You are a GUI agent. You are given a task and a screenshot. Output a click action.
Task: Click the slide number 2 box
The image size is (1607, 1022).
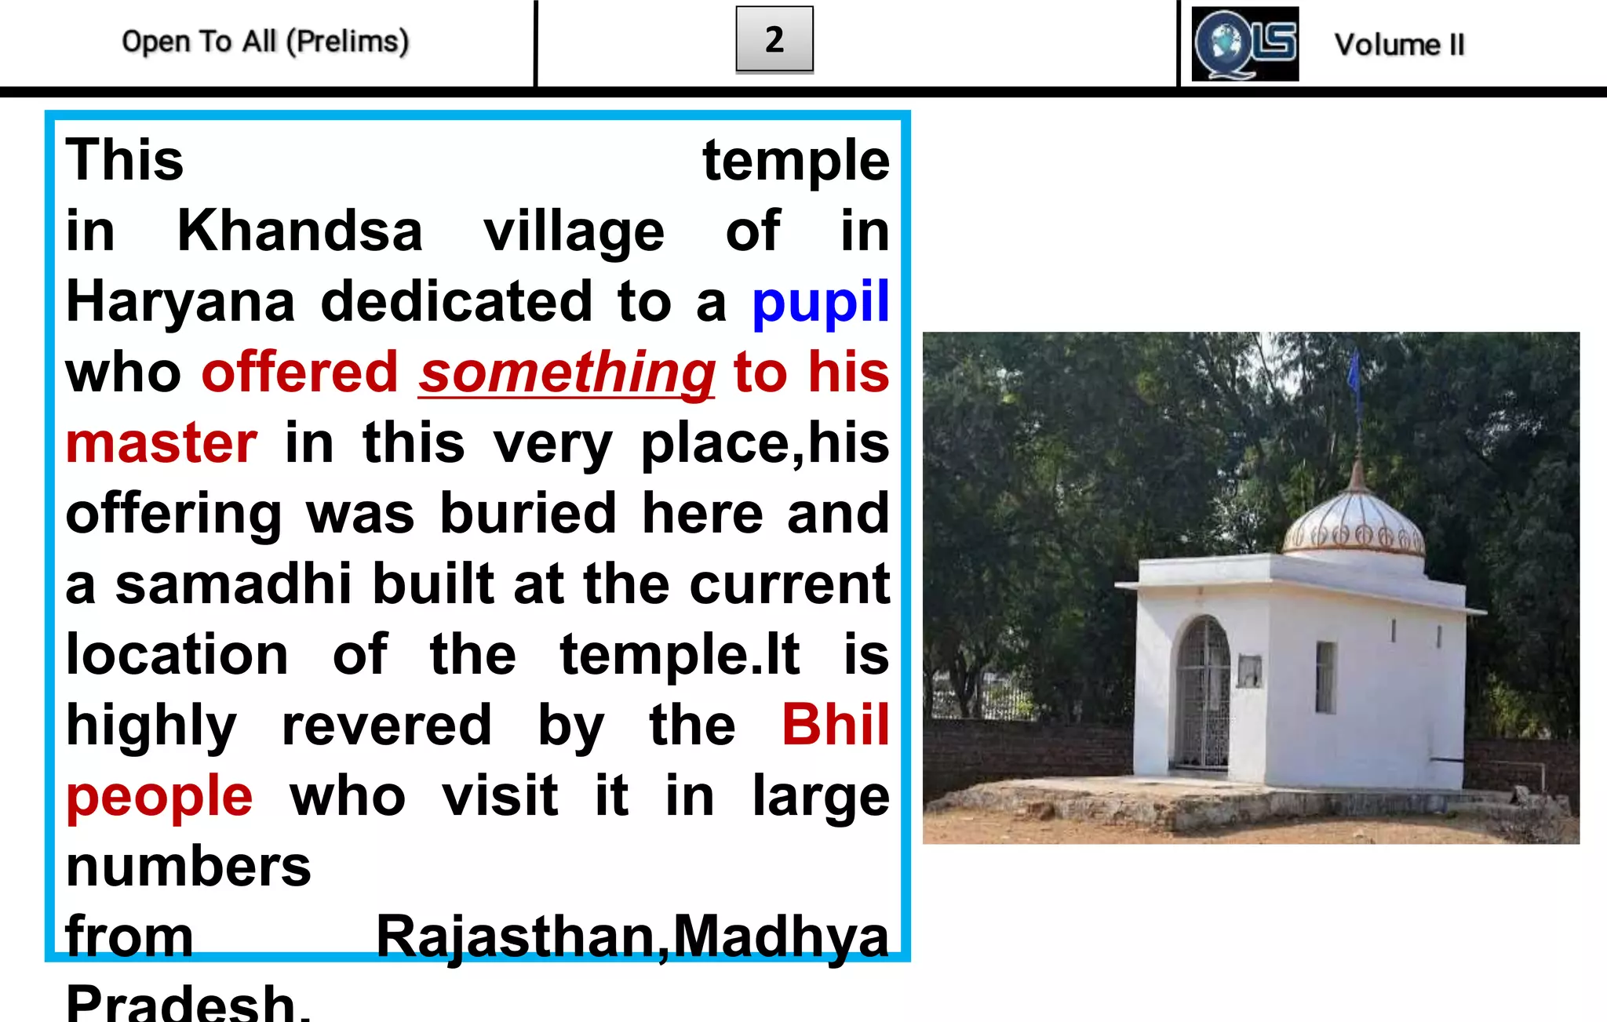774,39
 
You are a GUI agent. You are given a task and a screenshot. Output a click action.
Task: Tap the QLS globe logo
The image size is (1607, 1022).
1244,44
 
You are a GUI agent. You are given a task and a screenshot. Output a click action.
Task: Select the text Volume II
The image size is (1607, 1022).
1399,45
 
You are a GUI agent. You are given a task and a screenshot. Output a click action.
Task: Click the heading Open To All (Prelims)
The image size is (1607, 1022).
265,42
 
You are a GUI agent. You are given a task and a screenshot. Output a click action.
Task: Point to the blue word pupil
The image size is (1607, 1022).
820,302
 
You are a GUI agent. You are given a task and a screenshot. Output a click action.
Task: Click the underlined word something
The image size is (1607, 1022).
567,373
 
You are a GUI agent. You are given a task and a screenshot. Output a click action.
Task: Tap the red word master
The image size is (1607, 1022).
162,443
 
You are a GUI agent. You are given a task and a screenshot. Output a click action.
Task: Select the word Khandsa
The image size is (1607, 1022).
300,231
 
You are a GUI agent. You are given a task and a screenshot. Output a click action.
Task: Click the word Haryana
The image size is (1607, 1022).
180,302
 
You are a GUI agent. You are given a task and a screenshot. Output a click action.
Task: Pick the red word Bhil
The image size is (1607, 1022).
836,726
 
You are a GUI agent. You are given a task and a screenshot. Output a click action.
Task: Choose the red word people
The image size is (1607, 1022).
159,796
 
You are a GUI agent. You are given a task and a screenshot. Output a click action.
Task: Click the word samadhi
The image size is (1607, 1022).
233,584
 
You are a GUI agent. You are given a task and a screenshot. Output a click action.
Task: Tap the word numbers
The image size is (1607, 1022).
188,867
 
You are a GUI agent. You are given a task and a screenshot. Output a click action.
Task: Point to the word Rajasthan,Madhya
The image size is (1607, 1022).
632,937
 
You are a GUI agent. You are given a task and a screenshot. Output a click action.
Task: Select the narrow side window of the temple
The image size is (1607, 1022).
1325,677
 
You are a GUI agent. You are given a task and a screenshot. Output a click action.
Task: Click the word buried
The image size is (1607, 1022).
527,514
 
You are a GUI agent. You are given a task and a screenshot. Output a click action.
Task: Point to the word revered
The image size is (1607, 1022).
386,726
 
